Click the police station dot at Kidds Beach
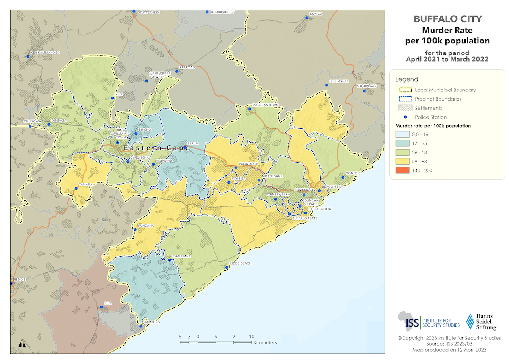pos(227,267)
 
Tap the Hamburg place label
pos(152,322)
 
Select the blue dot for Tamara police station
pos(76,189)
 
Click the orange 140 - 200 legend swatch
pos(405,171)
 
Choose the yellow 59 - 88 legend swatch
pos(405,162)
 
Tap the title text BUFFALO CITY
pos(447,19)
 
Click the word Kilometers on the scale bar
pos(264,342)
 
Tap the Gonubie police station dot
pos(342,177)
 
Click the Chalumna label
pos(182,257)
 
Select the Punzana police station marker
pos(135,230)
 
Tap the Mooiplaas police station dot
pos(365,91)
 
